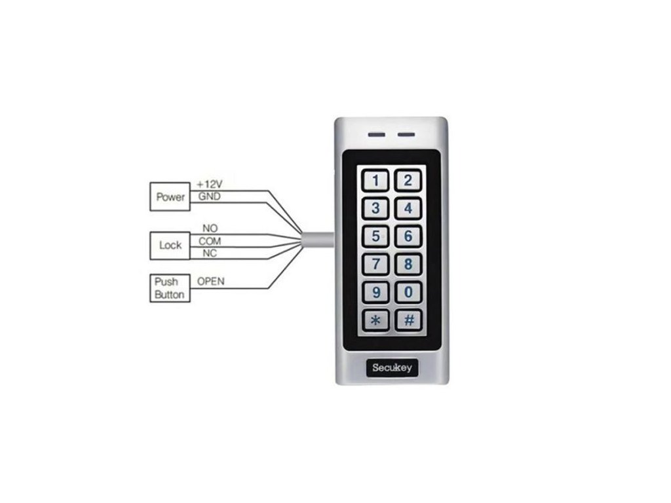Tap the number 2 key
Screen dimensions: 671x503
click(408, 180)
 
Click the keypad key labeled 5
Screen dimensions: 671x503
click(375, 236)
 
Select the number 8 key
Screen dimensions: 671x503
click(408, 264)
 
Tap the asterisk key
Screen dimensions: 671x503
click(375, 320)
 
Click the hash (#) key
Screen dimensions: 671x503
click(408, 320)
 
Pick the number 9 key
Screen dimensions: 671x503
click(375, 292)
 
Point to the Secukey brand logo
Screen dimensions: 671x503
click(392, 367)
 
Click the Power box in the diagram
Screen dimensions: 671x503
click(170, 196)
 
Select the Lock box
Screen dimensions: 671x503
click(170, 246)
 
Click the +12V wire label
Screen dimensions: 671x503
click(210, 185)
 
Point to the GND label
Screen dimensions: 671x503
click(209, 196)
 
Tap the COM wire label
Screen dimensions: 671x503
click(210, 241)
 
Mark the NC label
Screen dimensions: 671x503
click(210, 253)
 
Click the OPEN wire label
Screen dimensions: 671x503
click(211, 281)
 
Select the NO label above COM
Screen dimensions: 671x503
click(210, 229)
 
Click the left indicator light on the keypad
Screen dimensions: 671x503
click(376, 136)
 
